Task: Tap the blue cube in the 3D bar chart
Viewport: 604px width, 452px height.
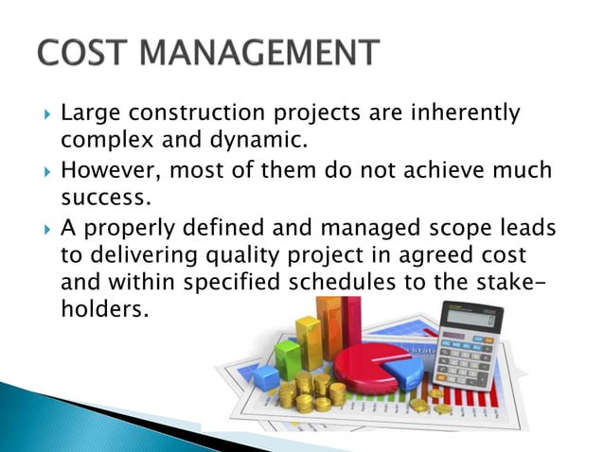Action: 269,376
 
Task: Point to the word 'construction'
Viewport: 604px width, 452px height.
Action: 202,114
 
